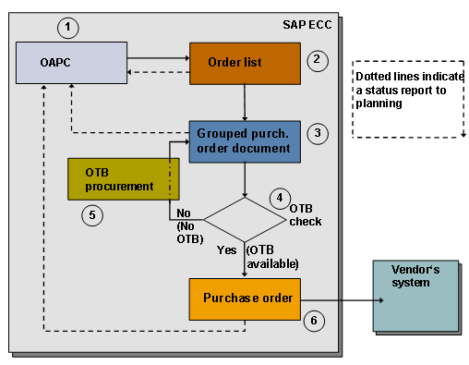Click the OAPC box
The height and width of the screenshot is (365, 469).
pyautogui.click(x=71, y=64)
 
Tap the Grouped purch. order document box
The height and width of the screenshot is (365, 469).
pyautogui.click(x=243, y=143)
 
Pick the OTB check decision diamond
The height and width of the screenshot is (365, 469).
pyautogui.click(x=244, y=220)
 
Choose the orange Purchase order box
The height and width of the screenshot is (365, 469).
pyautogui.click(x=243, y=298)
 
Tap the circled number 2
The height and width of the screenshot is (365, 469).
pyautogui.click(x=316, y=60)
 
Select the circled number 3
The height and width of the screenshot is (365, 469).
pyautogui.click(x=317, y=133)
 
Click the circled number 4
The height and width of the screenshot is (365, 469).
pyautogui.click(x=278, y=198)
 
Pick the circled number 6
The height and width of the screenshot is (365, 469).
pyautogui.click(x=313, y=320)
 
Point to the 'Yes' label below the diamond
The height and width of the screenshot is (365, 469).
pyautogui.click(x=226, y=249)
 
